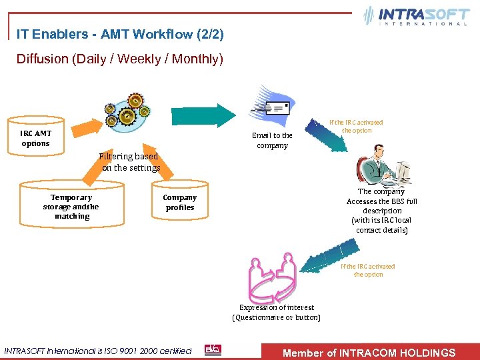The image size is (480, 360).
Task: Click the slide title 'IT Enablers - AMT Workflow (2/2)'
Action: point(120,33)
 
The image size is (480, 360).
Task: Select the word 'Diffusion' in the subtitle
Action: point(42,59)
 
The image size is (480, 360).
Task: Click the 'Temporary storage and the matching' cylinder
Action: point(71,207)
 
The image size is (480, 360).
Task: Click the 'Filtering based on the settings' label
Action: point(131,162)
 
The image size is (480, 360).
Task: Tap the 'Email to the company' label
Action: point(272,140)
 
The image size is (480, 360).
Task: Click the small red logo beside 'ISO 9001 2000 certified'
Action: point(213,350)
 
